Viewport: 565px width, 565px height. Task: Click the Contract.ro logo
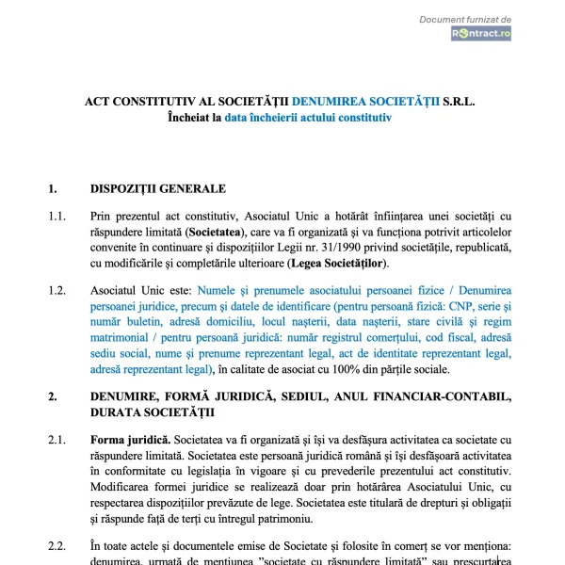point(480,33)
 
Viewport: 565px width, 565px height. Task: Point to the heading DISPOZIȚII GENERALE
point(157,188)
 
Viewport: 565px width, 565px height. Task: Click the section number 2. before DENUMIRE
point(53,396)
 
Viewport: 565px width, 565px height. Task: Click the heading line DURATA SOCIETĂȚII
point(152,412)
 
